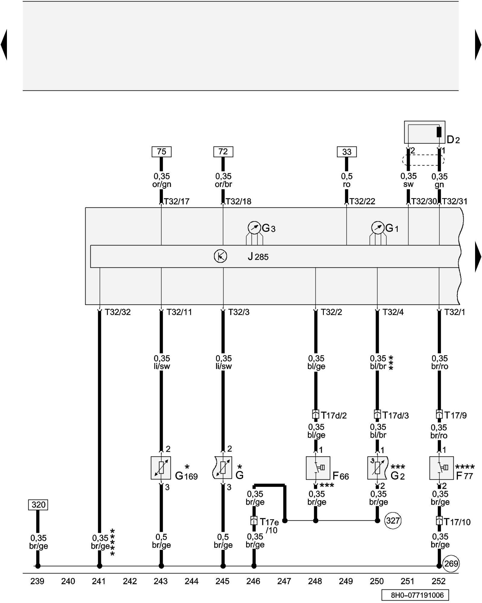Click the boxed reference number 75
coord(161,152)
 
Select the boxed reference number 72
coord(223,152)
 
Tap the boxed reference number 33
coord(347,152)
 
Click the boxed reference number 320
coord(38,505)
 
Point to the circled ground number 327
coord(393,521)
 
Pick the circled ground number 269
coord(451,564)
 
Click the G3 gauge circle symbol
coord(254,228)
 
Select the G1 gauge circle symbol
coord(378,228)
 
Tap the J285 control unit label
coord(258,257)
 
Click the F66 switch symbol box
coord(318,468)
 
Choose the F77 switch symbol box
coord(441,468)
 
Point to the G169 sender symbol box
coord(161,468)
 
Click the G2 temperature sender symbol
coord(377,468)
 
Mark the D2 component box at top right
coord(424,132)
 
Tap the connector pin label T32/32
coord(118,312)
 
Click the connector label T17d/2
coord(334,415)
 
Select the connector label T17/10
coord(457,522)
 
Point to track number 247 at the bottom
coord(284,581)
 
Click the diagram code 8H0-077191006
coord(415,595)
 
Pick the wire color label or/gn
coord(162,184)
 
